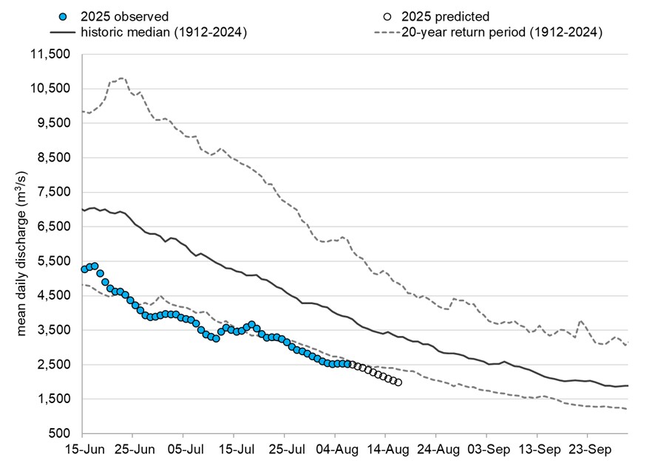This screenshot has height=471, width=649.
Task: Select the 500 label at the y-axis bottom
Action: pos(60,433)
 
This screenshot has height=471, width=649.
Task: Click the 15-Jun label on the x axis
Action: pos(84,448)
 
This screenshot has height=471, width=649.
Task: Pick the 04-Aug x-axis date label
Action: pos(336,448)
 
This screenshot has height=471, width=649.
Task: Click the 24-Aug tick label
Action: pos(436,448)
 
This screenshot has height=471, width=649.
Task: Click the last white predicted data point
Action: pos(398,382)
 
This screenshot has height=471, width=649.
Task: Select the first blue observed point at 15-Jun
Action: pos(84,269)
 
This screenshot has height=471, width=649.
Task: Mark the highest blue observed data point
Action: pos(95,266)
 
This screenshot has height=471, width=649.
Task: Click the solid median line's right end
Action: pos(628,385)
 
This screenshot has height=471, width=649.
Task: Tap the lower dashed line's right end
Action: pos(628,409)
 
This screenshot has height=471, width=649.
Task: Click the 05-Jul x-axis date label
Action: pos(185,448)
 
